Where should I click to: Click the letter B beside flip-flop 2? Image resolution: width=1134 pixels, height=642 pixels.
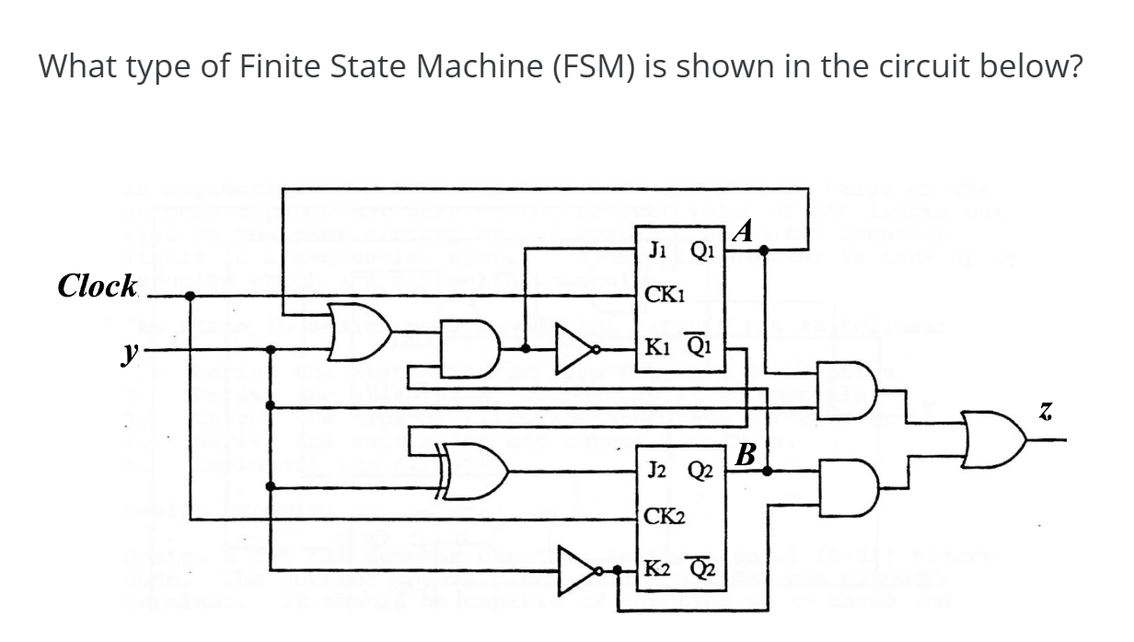pos(746,454)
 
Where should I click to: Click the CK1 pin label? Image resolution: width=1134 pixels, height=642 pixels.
pos(663,296)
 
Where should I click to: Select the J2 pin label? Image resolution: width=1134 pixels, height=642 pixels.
pos(658,471)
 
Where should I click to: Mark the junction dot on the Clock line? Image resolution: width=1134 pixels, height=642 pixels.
pos(190,296)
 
